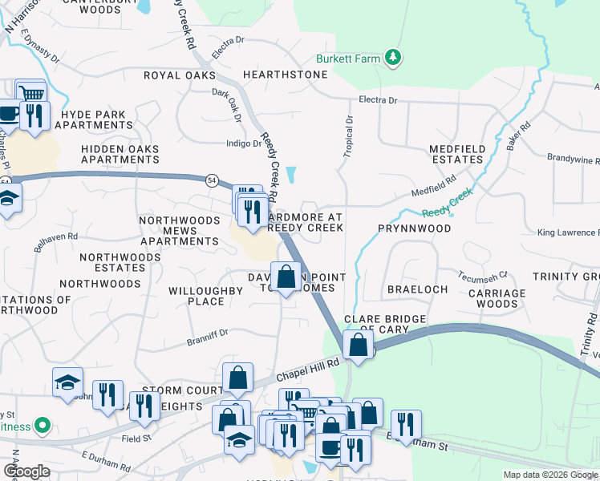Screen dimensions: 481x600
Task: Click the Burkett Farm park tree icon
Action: tap(393, 58)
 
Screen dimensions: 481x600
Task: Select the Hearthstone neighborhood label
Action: tap(285, 75)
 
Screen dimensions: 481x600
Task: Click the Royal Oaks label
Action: tap(180, 75)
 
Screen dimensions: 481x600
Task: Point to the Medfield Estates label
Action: tap(456, 155)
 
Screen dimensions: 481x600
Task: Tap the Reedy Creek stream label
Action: tap(448, 204)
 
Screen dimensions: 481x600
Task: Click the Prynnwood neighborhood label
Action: tap(415, 228)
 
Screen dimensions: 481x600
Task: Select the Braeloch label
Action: tap(417, 289)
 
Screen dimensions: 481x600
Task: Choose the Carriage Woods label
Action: tap(497, 299)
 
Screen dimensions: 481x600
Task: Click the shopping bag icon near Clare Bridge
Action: tap(358, 346)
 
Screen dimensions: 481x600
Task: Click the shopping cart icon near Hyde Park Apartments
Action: tap(31, 94)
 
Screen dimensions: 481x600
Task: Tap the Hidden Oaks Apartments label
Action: tap(120, 155)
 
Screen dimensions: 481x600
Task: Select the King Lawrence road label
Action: tap(567, 233)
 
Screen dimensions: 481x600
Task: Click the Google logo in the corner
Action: tap(26, 472)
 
